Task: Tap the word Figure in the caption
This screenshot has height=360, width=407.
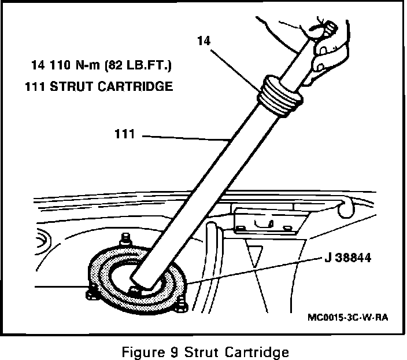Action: coord(141,351)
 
